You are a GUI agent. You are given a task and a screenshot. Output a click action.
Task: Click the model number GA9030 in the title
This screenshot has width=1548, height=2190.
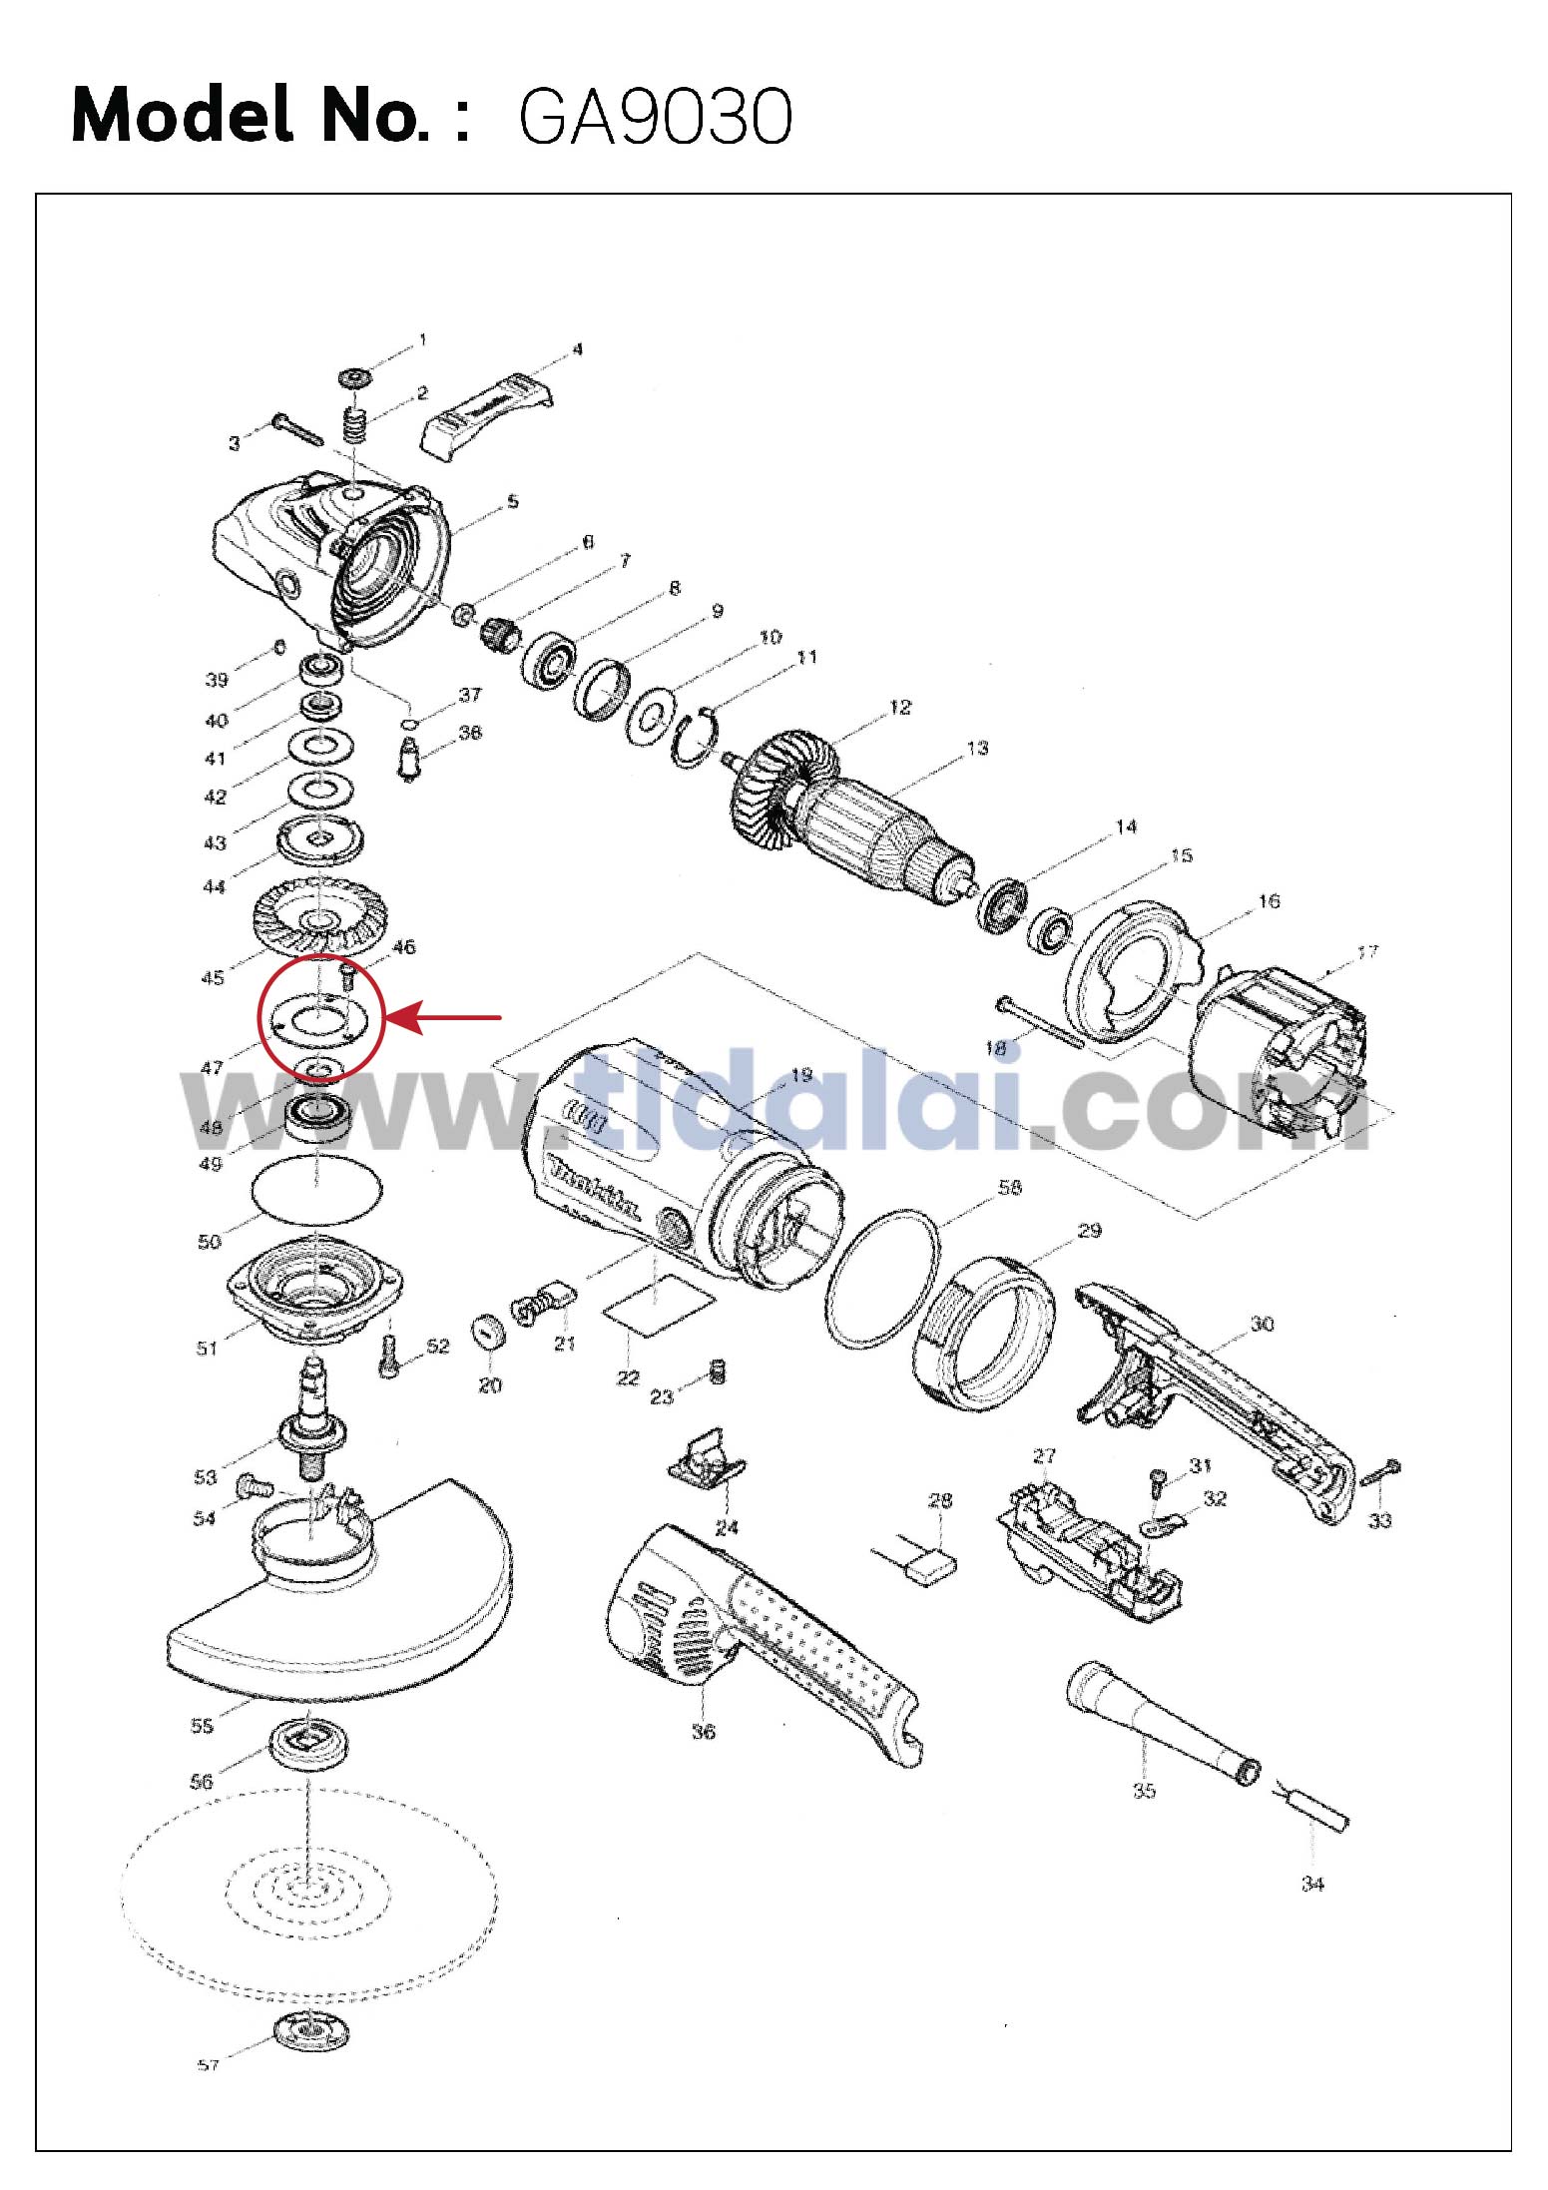point(655,118)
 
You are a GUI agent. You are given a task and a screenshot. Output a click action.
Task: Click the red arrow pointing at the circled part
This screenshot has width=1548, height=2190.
point(443,1018)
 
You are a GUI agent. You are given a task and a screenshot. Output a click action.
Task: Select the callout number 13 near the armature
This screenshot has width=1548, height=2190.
point(977,748)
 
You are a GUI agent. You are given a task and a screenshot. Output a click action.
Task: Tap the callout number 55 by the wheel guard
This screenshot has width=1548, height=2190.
point(202,1726)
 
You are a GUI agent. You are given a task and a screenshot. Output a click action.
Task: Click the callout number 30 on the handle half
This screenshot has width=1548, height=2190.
point(1262,1324)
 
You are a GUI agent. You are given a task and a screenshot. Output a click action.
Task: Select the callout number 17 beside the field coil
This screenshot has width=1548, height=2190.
point(1366,951)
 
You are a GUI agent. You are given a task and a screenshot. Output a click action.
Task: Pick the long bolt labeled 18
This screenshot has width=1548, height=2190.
point(1040,1023)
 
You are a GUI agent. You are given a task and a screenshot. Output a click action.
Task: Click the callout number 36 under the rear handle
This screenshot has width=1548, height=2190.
point(704,1731)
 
